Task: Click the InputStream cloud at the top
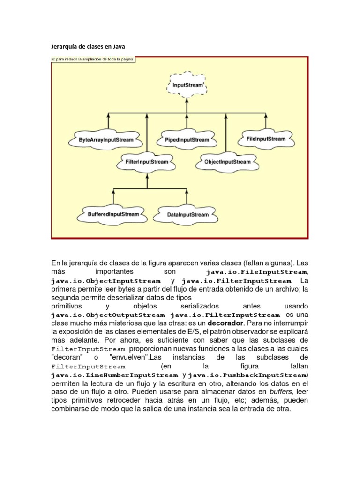tap(187, 86)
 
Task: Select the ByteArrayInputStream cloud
tap(106, 139)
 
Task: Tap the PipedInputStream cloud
tap(187, 140)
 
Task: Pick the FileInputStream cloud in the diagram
tap(265, 139)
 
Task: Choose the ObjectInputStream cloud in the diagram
tap(227, 162)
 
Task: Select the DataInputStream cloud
tap(187, 215)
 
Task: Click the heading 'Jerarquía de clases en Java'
tap(88, 47)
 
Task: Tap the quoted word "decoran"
tap(66, 358)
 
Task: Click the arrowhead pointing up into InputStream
tap(187, 100)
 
